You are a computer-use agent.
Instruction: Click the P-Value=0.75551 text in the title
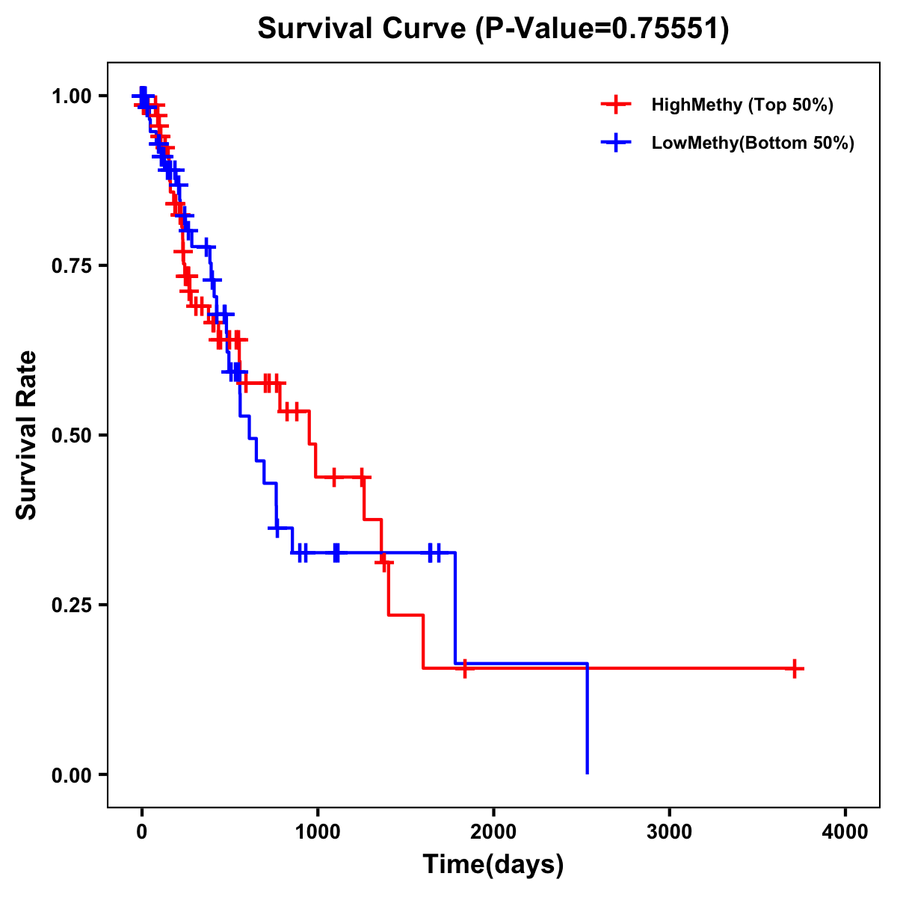[602, 29]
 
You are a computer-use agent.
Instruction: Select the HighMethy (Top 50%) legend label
[742, 105]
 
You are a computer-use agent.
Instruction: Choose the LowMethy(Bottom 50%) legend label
[753, 143]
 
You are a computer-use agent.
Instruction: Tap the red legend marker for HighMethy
[616, 105]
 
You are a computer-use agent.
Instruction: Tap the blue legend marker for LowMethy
[616, 143]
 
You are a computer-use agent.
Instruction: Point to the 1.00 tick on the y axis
[71, 96]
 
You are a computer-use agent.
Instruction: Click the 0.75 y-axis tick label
[71, 265]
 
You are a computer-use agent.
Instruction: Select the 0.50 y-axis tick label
[71, 435]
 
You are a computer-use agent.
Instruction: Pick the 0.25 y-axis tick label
[71, 605]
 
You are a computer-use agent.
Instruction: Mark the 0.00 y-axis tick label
[71, 774]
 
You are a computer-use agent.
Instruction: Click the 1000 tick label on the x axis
[318, 831]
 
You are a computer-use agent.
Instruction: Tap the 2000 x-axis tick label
[493, 831]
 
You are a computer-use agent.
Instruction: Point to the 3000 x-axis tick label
[669, 831]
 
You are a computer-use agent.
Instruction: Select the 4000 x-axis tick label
[845, 831]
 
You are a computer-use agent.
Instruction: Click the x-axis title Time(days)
[493, 865]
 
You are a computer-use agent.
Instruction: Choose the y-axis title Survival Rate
[28, 435]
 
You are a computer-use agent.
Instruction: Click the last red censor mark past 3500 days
[795, 668]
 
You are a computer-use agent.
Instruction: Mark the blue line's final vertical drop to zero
[588, 718]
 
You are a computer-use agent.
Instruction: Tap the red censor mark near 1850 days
[465, 668]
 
